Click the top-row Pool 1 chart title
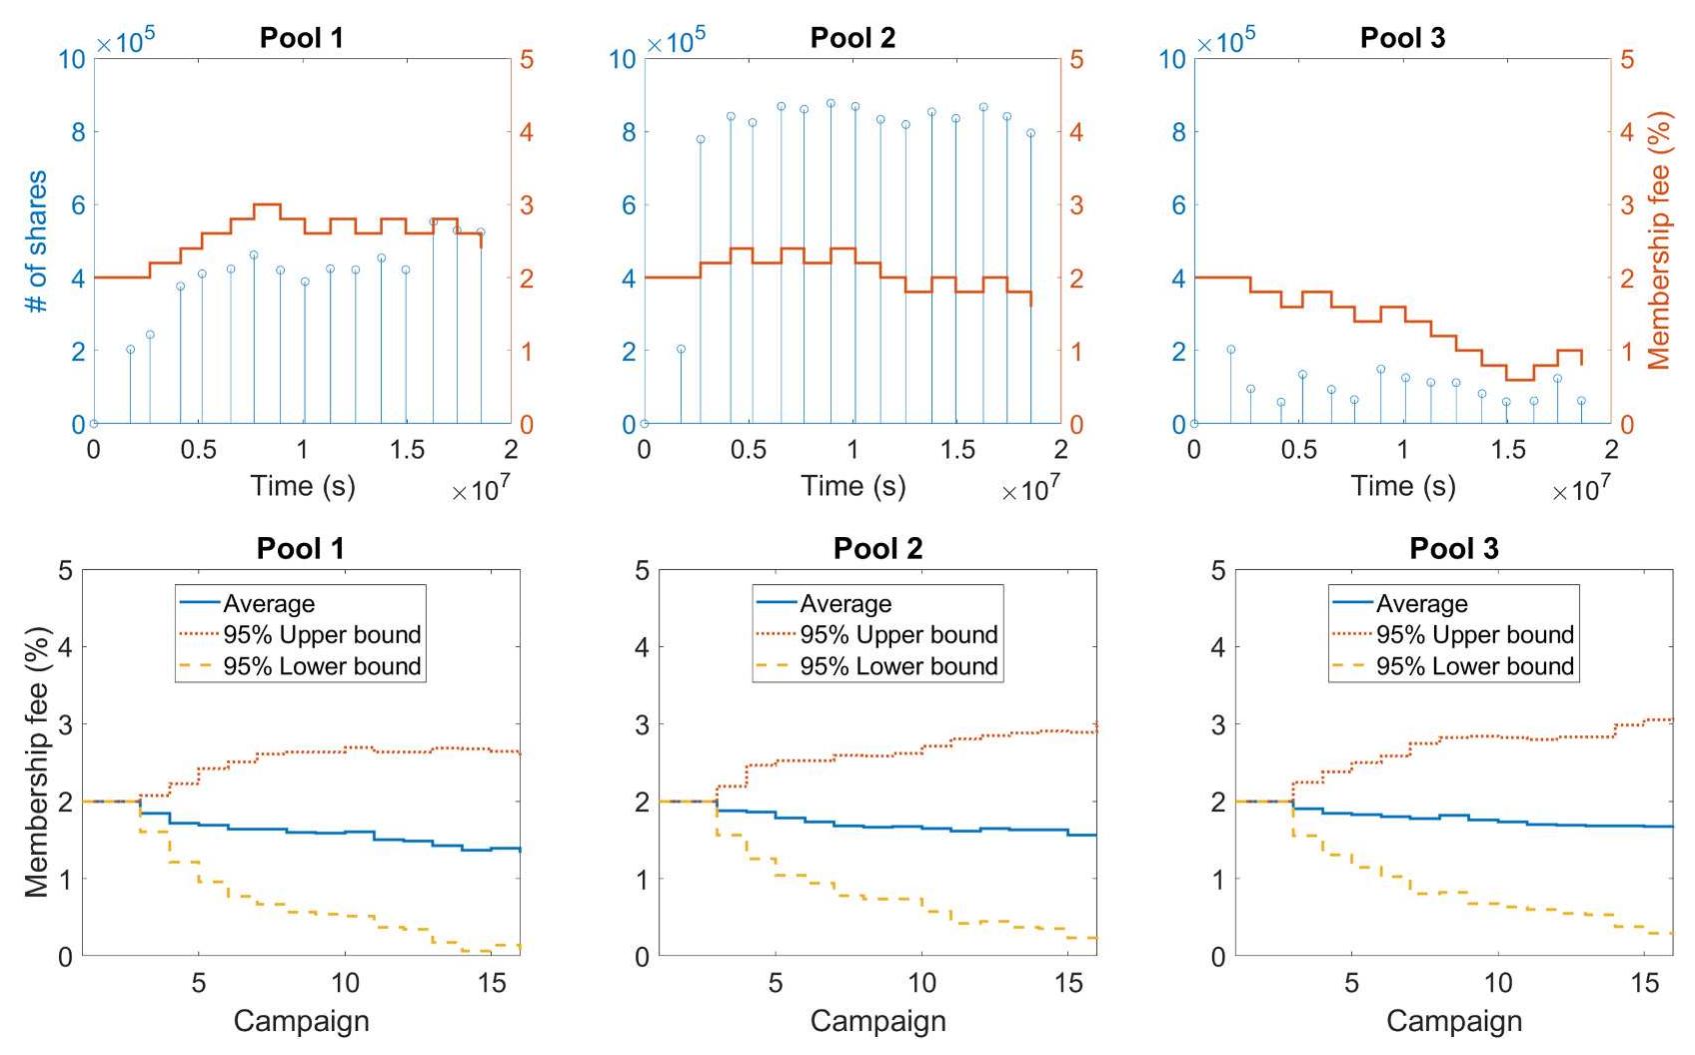(301, 38)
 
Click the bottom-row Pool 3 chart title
(1453, 548)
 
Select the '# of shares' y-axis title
(36, 242)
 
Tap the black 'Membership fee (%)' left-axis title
(36, 762)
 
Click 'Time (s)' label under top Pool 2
(852, 486)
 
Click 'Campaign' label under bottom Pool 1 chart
(301, 1021)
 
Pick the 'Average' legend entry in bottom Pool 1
(268, 604)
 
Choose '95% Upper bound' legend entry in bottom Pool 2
(898, 635)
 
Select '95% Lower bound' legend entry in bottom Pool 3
(1474, 666)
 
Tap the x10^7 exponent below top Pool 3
(1580, 489)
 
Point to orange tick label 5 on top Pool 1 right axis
(527, 60)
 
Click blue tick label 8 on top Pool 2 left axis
(628, 132)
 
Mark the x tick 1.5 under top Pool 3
(1507, 450)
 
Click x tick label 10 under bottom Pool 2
(921, 983)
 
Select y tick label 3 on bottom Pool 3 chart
(1217, 724)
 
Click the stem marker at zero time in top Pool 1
(94, 424)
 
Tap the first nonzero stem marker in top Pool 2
(681, 349)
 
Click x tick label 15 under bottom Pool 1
(492, 983)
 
